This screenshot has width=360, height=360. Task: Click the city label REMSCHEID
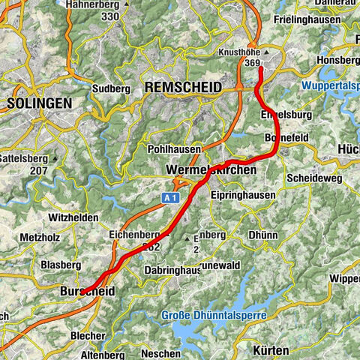point(183,88)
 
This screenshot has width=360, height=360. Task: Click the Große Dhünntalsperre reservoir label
point(214,316)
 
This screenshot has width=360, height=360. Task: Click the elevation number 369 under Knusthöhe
point(252,64)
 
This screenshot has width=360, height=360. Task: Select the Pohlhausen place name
point(176,149)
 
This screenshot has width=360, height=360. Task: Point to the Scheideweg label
point(313,178)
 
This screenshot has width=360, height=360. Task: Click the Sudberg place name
point(106,88)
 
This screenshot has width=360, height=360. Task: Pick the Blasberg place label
point(61,265)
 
